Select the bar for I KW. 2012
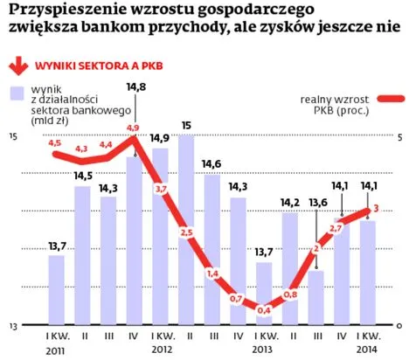162,236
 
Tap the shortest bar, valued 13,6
315,297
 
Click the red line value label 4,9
134,128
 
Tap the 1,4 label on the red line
211,273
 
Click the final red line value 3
375,208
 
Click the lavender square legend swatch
17,93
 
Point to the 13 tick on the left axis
13,325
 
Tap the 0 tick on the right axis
398,325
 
